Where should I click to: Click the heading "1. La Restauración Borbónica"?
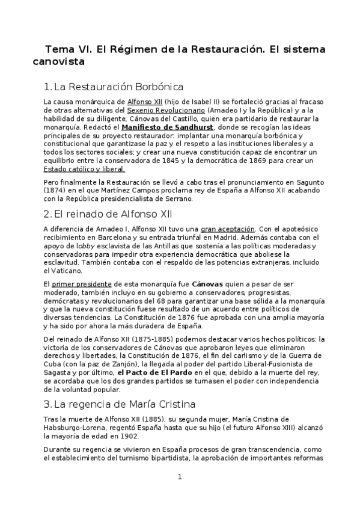(x=114, y=87)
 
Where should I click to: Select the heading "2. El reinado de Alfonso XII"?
(x=108, y=214)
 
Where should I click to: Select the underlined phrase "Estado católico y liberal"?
(x=85, y=170)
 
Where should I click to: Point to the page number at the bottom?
(x=179, y=477)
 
